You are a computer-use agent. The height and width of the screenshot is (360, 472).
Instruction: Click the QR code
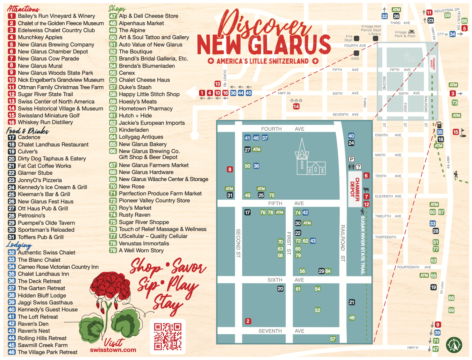(x=168, y=336)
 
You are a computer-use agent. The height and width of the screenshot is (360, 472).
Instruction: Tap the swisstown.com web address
(x=113, y=350)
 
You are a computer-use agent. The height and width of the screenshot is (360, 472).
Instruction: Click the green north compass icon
(x=454, y=345)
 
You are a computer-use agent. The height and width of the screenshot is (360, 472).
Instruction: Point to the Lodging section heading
(x=19, y=245)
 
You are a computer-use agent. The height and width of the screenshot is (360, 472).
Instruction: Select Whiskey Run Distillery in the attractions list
(x=45, y=122)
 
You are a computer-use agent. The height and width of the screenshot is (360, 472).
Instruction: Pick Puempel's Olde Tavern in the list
(x=46, y=223)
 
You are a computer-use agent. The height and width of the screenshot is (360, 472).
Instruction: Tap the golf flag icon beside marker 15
(x=463, y=132)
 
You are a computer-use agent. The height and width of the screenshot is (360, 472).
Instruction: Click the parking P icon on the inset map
(x=351, y=159)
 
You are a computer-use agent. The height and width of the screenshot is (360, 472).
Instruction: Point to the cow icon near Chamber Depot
(x=366, y=190)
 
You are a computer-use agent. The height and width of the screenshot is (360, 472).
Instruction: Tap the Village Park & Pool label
(x=405, y=34)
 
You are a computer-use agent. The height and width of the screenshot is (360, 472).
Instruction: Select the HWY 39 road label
(x=284, y=93)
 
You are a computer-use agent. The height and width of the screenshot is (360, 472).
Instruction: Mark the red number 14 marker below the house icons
(x=296, y=107)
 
